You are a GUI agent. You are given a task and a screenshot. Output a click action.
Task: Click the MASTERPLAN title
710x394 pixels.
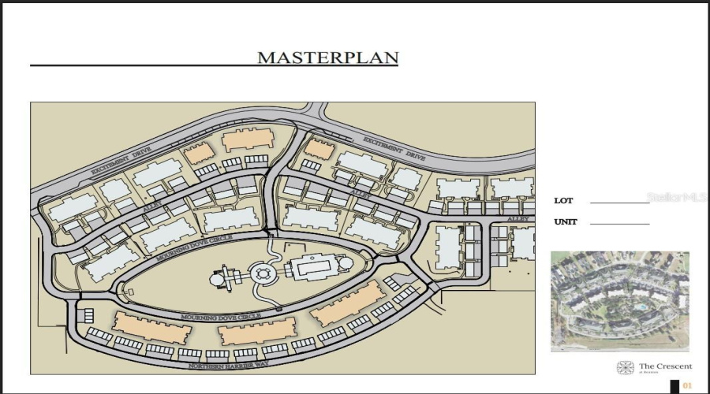327,58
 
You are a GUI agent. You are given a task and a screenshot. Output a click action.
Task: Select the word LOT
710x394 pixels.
563,201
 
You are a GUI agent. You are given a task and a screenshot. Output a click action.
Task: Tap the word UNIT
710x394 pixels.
565,222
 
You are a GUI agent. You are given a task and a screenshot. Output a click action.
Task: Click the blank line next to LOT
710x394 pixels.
619,203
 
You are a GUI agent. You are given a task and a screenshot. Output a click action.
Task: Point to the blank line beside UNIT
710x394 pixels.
619,225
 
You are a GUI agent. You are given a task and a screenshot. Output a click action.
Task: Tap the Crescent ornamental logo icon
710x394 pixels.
625,368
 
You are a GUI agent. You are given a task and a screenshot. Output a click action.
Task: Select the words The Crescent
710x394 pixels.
665,366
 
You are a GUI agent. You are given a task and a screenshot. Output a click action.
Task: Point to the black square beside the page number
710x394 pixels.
674,386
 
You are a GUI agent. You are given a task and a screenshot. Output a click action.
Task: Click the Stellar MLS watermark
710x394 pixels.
676,197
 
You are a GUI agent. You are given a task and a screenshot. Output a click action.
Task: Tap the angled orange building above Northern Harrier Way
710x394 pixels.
348,303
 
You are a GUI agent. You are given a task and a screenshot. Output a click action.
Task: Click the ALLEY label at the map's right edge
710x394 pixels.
518,218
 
